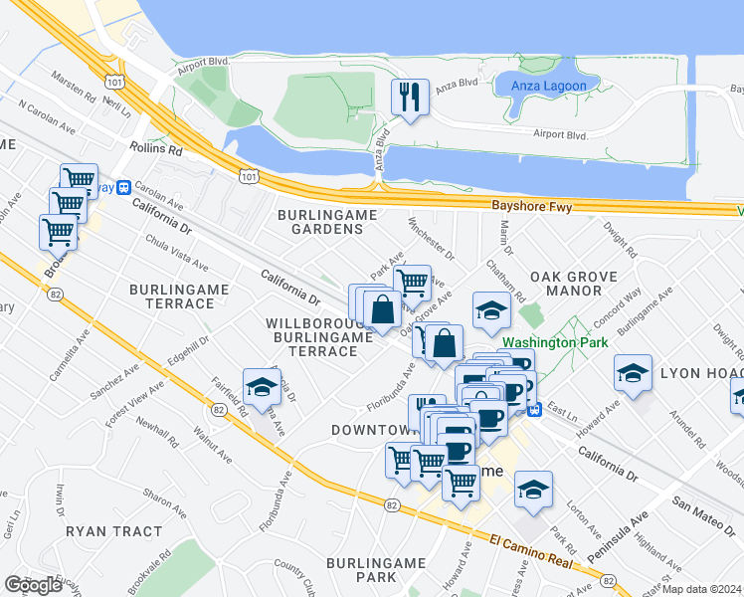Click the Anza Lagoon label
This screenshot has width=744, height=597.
point(548,86)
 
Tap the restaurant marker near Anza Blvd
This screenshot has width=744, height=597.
point(410,98)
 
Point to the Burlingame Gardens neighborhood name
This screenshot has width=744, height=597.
point(320,222)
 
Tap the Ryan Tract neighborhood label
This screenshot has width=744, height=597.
point(112,531)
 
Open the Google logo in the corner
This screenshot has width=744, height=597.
point(33,585)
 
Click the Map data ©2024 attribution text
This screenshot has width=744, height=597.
point(701,589)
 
